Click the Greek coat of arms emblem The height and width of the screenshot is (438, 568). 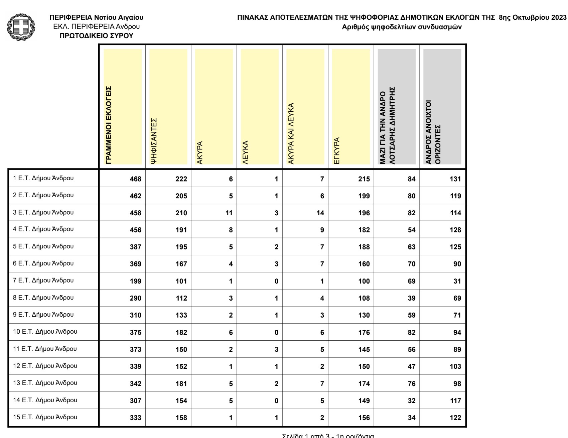[x=21, y=27]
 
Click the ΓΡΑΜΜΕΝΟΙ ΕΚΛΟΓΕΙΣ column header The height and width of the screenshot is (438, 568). [x=109, y=125]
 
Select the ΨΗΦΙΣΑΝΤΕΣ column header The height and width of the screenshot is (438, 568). [x=154, y=140]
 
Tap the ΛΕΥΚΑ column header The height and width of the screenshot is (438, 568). [x=246, y=152]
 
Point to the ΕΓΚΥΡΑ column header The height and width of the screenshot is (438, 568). [x=337, y=150]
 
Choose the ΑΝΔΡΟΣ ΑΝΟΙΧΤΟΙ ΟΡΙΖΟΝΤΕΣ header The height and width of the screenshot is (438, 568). [x=433, y=132]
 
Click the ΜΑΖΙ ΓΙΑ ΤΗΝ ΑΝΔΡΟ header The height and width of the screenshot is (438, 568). [x=388, y=125]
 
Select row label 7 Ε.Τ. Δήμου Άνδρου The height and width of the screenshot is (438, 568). [x=43, y=281]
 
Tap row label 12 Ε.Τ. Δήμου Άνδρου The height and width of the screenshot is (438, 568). [x=45, y=366]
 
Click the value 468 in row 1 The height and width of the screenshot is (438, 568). [x=136, y=179]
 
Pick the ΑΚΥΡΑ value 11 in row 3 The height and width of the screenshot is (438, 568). [x=229, y=213]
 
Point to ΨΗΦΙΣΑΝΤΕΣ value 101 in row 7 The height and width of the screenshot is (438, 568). [x=181, y=281]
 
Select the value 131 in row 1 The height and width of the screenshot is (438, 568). [x=455, y=179]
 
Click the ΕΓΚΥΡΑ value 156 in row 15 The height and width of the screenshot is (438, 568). [x=364, y=418]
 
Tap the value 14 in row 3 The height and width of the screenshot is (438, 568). [x=320, y=213]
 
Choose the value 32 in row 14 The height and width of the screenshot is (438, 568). [x=412, y=401]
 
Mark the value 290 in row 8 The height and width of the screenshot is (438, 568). [x=136, y=298]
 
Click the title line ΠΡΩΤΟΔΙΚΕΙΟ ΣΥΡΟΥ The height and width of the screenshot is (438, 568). [x=96, y=36]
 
